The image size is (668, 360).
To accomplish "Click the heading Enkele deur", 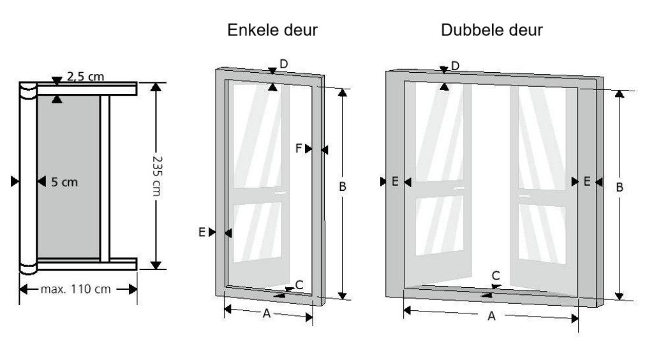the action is pos(272,30).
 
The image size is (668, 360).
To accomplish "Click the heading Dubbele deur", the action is pos(492,30).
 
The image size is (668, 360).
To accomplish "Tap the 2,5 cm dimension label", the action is pos(85,76).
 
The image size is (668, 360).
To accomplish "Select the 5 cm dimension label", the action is pos(64,182).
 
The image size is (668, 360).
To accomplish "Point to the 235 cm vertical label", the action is pos(157,176).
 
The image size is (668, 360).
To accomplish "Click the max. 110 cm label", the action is pos(76,289).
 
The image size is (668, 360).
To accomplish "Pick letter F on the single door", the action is pos(299,148).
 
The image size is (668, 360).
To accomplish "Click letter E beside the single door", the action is pos(202,232).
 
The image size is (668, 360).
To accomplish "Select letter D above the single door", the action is pos(284,64).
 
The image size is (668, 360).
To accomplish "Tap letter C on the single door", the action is pos(299,285).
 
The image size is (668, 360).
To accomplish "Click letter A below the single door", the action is pos(266,313).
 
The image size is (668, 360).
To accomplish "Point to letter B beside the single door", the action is pos(342,186).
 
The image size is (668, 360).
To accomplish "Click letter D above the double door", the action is pos(455,66).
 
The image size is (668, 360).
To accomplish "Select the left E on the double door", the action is pos(395,181).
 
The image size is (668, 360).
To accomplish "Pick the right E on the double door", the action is pos(586,181).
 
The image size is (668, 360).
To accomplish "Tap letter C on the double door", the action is pos(496,276).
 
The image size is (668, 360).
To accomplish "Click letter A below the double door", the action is pos(491,316).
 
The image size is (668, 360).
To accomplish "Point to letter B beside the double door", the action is pos(620,187).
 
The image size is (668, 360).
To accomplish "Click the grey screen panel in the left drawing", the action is pos(69,176).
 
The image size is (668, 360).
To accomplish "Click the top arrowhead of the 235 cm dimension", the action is pos(156,86).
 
